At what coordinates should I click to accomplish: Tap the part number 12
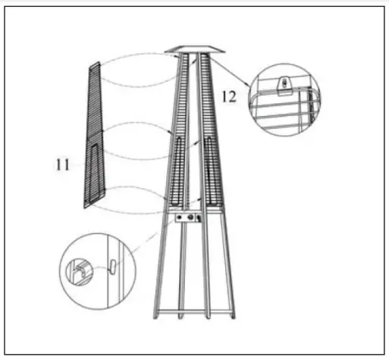[x=229, y=95]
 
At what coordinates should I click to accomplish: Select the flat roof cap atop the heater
[x=196, y=49]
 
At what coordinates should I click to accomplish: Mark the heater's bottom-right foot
[x=236, y=316]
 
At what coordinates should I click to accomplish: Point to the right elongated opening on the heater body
[x=210, y=171]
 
